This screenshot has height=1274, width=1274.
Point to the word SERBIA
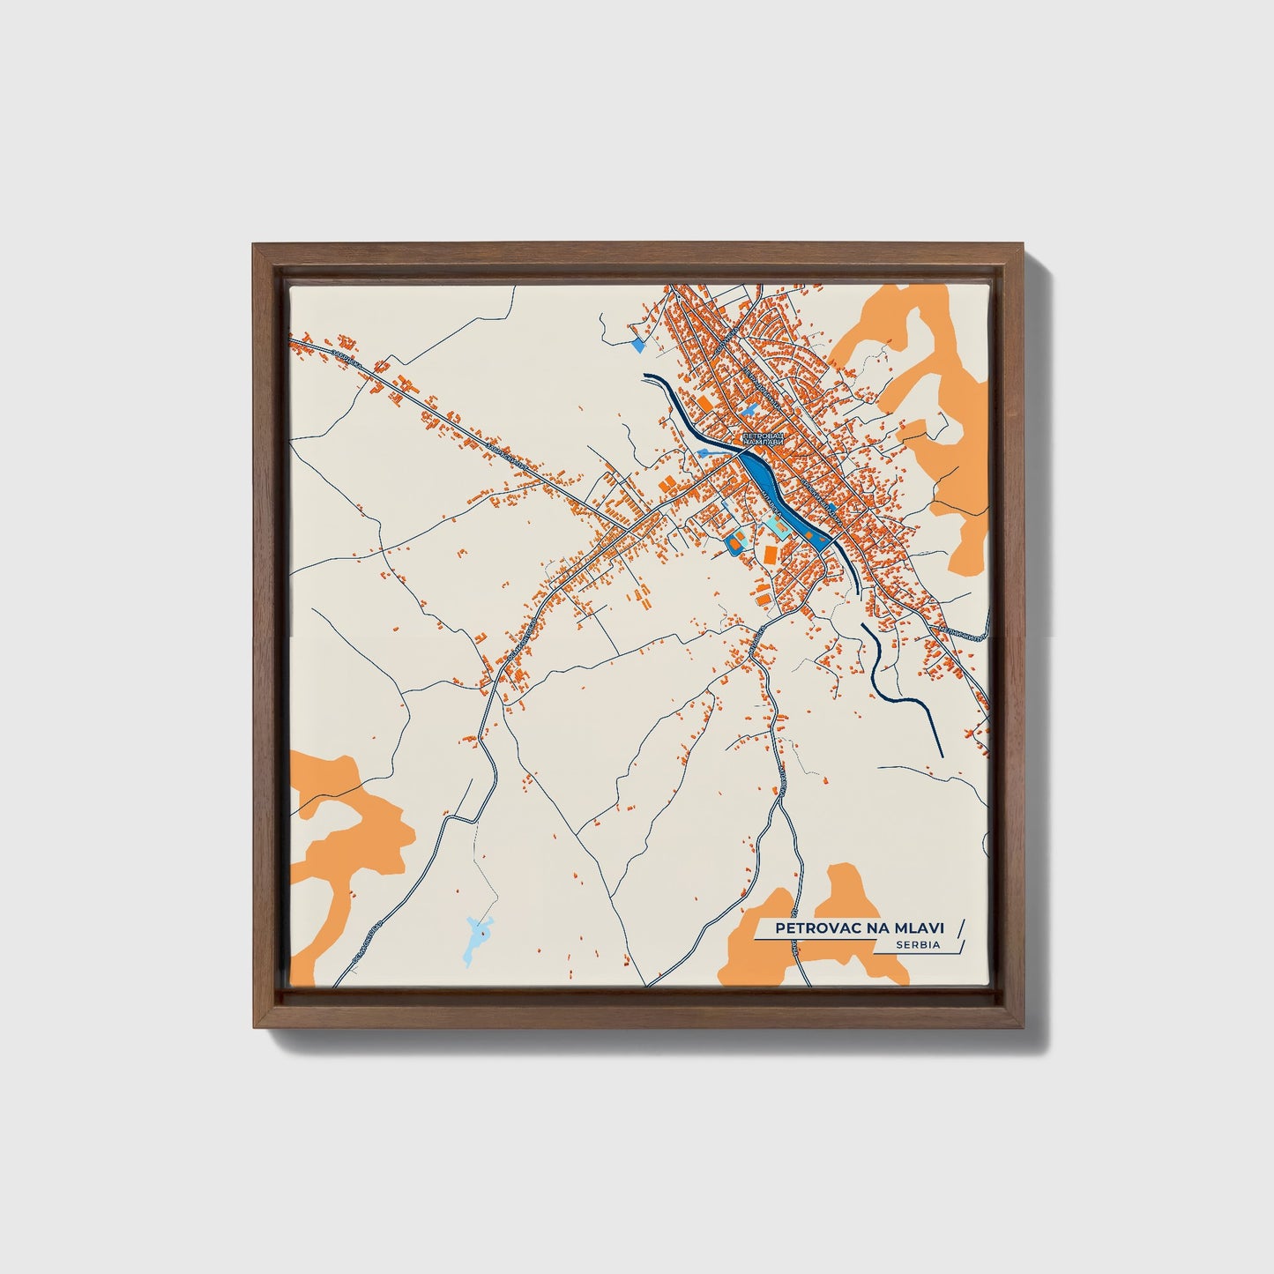pos(919,944)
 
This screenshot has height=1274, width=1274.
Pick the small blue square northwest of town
pos(638,346)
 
